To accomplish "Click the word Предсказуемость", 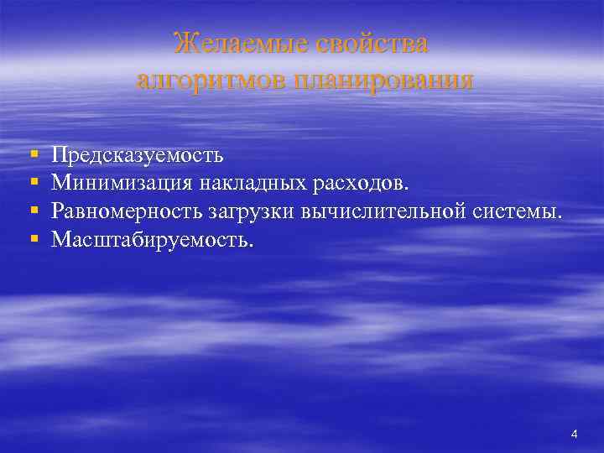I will (x=137, y=155).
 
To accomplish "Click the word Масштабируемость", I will (x=148, y=240).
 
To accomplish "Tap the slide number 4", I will (x=574, y=434).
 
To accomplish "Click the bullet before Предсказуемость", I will (x=33, y=156).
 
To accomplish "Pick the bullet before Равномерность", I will (x=33, y=212).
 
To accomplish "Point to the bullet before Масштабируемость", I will (x=33, y=241).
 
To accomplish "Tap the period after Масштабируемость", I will (x=248, y=246).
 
